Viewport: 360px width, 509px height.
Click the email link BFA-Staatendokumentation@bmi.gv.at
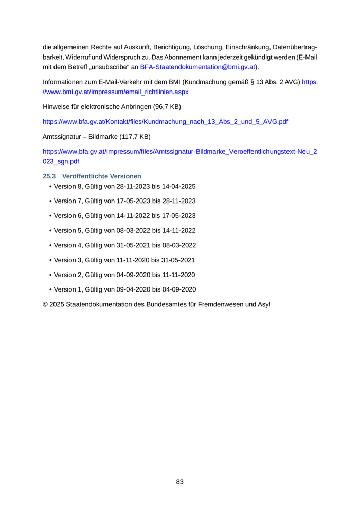197,67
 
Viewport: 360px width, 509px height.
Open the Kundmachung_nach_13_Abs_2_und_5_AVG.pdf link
165,122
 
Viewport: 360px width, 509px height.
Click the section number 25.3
49,176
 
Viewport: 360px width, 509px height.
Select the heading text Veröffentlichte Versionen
102,176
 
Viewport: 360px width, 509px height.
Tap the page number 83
180,482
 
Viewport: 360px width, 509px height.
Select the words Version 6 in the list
67,216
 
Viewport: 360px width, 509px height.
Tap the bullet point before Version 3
50,260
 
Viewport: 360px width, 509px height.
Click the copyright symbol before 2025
45,304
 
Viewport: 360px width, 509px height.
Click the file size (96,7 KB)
164,107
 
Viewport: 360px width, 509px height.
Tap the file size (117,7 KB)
133,137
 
